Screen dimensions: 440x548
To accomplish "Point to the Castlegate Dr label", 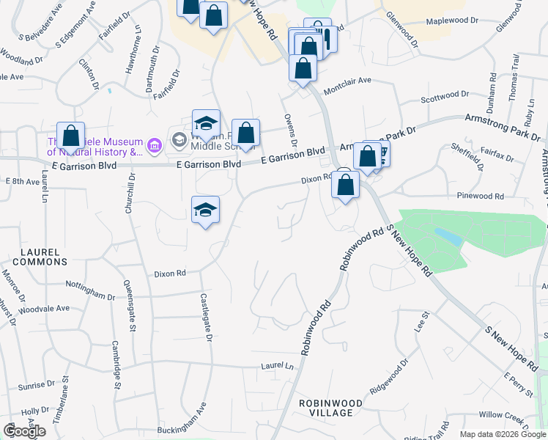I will coord(207,318).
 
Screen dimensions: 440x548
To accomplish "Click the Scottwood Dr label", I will coord(444,95).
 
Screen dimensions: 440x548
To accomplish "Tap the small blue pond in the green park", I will coord(447,236).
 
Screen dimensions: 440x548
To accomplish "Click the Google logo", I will coord(24,431).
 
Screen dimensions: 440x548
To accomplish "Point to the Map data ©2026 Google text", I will coord(502,434).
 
